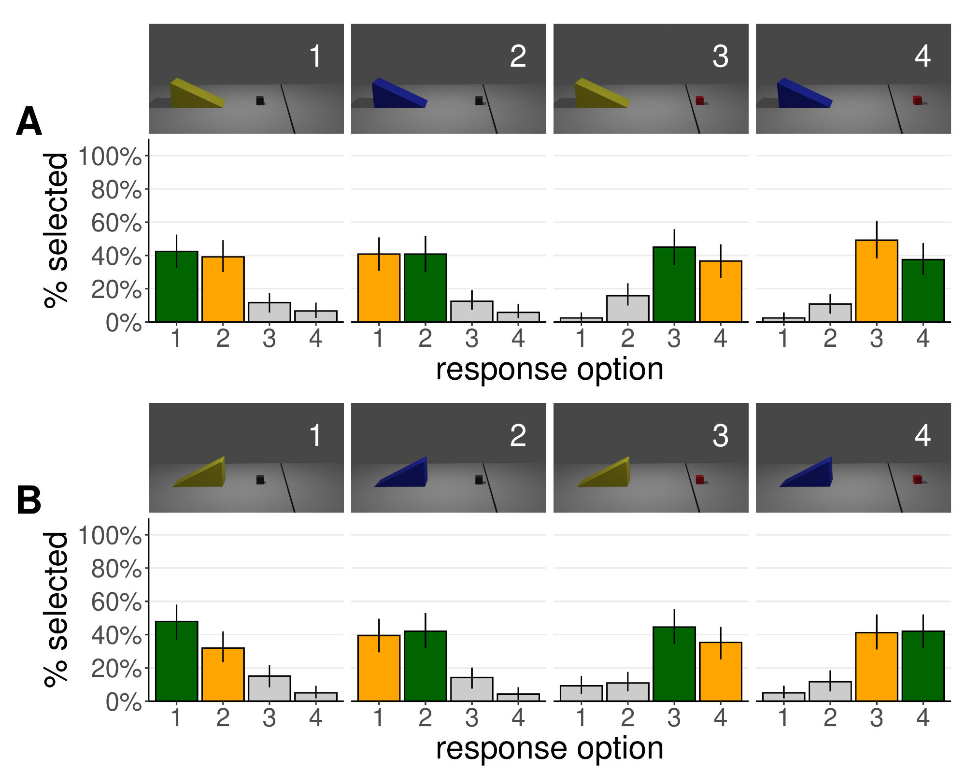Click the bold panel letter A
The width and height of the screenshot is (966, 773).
point(29,122)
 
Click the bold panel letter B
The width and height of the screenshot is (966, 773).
point(29,501)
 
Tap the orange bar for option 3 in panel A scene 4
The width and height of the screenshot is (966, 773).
point(876,281)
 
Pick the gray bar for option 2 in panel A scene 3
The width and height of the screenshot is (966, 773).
point(627,309)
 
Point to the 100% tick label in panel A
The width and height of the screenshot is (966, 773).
point(110,157)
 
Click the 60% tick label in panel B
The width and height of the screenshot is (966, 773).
point(116,602)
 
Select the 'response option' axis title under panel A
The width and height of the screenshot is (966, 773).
point(549,370)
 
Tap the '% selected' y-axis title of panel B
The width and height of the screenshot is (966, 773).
point(56,610)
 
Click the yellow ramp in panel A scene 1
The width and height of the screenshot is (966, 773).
point(195,94)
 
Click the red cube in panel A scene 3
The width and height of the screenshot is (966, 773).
point(699,100)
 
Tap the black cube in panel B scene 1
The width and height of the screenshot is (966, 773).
point(260,480)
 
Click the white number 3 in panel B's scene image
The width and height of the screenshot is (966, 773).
point(720,436)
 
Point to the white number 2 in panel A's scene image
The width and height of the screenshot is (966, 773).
point(518,57)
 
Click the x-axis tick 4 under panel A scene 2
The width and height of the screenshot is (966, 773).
point(518,338)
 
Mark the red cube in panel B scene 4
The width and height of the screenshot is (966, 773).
point(917,479)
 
